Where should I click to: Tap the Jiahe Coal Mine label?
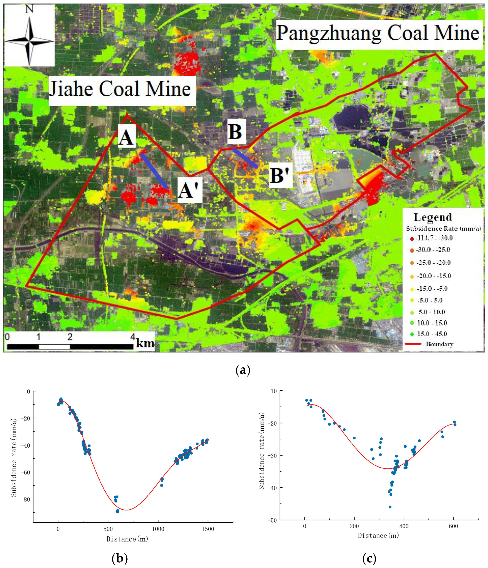point(120,89)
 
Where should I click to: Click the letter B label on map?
point(235,132)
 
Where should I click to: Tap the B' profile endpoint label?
point(280,176)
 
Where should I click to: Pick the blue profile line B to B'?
point(245,158)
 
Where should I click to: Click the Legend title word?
point(432,217)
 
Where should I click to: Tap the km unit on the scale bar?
point(145,343)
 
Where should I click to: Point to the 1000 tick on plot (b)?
point(158,529)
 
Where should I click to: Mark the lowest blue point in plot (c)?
point(389,507)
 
